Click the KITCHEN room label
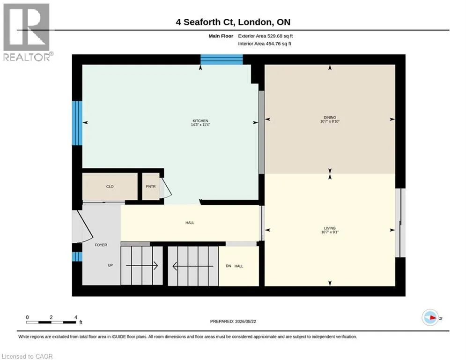pos(200,121)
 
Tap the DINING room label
pos(330,117)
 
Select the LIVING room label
pos(330,228)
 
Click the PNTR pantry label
pos(151,187)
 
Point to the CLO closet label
pos(110,187)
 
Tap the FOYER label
pos(101,245)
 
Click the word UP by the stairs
pos(110,265)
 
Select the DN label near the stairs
pos(228,266)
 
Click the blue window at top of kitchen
pos(222,60)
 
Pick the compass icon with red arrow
pos(430,318)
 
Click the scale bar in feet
pos(51,322)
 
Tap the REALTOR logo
pos(27,32)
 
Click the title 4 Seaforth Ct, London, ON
pos(233,22)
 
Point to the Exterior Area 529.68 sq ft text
pos(266,36)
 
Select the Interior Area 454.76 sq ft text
pos(265,44)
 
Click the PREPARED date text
pos(233,321)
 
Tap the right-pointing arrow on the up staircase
pos(142,265)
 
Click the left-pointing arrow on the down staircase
pos(193,266)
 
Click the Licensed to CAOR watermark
pos(27,356)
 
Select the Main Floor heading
pos(221,36)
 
